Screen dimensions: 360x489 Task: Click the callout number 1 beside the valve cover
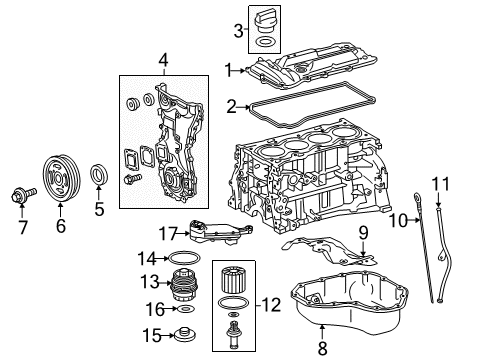228,70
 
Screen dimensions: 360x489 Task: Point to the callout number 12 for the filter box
182,287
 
